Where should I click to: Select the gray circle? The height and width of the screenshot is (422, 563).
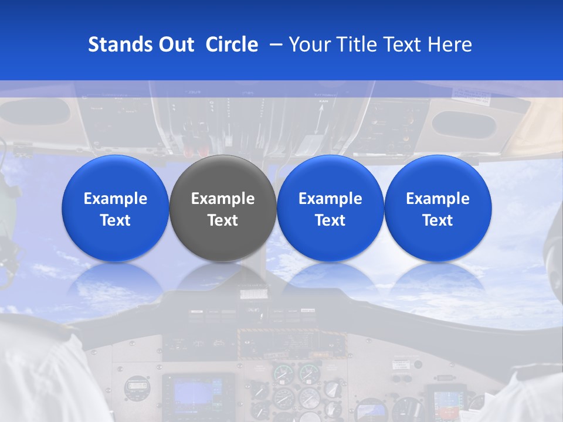[x=223, y=208]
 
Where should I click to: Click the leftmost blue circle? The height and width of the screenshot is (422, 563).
[x=115, y=208]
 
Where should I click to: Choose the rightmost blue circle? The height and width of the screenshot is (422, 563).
[x=438, y=208]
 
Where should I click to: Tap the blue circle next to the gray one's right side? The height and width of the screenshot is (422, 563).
[x=330, y=208]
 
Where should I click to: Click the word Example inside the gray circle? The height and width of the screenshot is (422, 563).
[x=223, y=199]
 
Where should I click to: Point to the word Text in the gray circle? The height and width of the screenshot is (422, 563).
[x=223, y=220]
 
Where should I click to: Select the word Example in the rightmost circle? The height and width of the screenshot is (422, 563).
[x=438, y=199]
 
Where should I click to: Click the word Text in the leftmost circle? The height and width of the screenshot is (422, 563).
[x=115, y=220]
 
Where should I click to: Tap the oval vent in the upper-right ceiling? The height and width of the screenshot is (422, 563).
[x=463, y=125]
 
